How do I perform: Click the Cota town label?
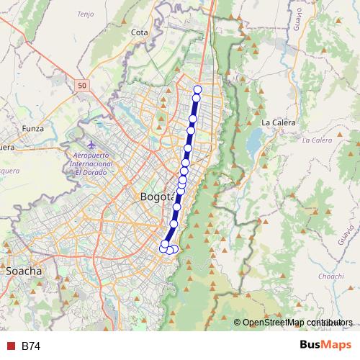click(140, 32)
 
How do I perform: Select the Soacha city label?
click(23, 271)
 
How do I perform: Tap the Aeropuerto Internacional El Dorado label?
click(89, 164)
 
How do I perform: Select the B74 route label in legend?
click(31, 346)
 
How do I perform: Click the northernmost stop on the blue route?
click(197, 89)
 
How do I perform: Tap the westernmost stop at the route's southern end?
click(163, 249)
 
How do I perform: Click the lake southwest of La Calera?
click(253, 145)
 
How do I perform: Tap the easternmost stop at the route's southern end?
click(175, 248)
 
